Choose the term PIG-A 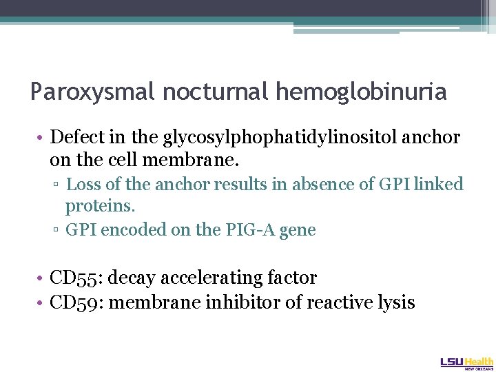[249, 229]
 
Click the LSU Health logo [466, 362]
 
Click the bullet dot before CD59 [42, 302]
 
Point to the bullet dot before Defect [42, 138]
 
